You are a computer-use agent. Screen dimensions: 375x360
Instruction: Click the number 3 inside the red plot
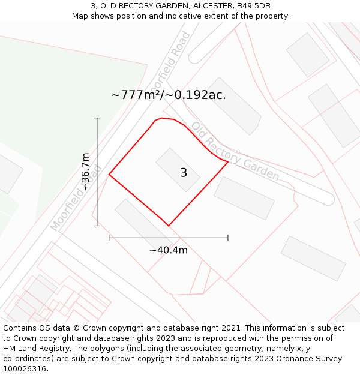point(184,173)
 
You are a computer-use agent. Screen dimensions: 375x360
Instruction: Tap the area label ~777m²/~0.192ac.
point(169,95)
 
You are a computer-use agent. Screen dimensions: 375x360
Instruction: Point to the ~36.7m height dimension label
point(86,172)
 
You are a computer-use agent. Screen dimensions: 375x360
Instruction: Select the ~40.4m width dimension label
point(169,250)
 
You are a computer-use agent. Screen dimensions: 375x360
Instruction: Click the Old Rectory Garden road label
point(235,151)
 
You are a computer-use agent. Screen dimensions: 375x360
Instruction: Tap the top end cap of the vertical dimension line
point(97,118)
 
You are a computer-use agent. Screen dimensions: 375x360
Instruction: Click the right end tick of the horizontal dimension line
point(228,238)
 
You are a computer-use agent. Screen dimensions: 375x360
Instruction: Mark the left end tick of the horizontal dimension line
point(109,238)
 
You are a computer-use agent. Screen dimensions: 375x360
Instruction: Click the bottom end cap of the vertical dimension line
point(97,226)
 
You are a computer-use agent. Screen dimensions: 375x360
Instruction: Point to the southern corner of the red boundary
point(168,226)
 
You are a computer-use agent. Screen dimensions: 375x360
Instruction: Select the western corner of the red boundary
point(109,175)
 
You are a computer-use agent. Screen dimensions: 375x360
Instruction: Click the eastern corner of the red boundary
point(228,161)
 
